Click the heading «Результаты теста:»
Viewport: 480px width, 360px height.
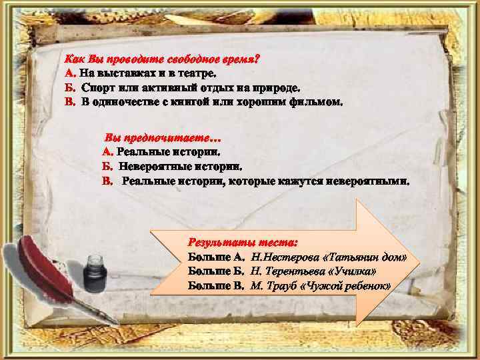pyautogui.click(x=243, y=242)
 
